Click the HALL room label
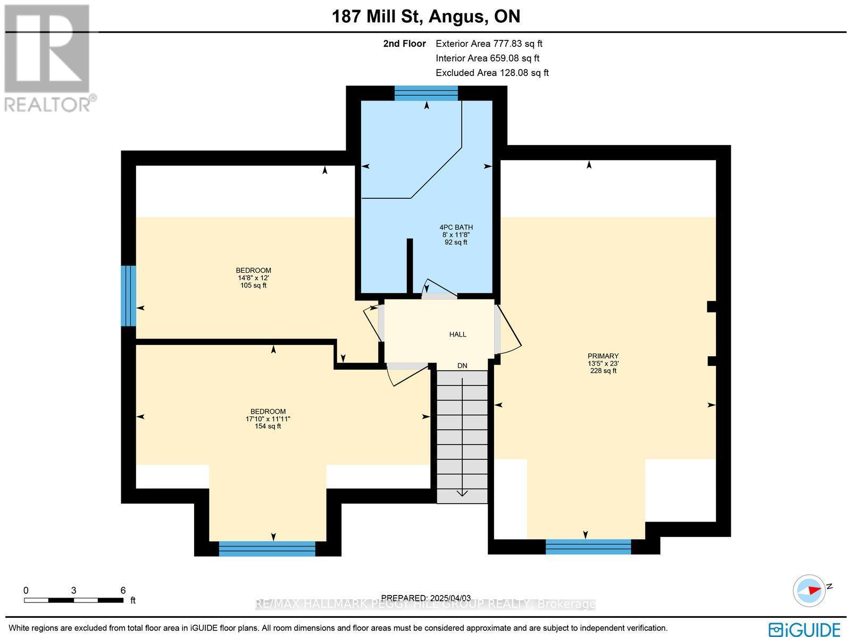[x=457, y=334]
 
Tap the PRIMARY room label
[x=603, y=356]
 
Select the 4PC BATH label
[x=456, y=228]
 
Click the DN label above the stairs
[x=462, y=366]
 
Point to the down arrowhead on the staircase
[x=462, y=493]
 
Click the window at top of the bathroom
[x=426, y=94]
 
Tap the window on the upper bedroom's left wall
[x=128, y=296]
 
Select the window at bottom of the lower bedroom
[x=267, y=549]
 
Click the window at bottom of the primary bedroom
[x=588, y=547]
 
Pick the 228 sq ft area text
[x=603, y=371]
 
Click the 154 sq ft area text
[x=268, y=426]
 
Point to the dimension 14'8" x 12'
[x=253, y=278]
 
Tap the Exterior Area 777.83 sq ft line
[x=489, y=44]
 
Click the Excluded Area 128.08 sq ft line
[x=492, y=73]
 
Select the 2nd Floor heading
[x=404, y=44]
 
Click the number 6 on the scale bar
[x=123, y=591]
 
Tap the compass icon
[x=809, y=591]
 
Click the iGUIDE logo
[x=805, y=629]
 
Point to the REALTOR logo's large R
[x=47, y=48]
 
